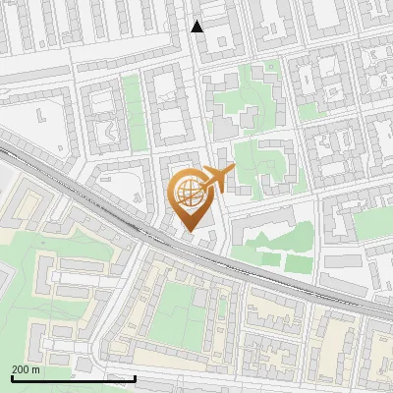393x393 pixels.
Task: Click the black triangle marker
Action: [x=197, y=27]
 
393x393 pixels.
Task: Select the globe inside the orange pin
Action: [x=189, y=193]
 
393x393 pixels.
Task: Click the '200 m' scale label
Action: [x=26, y=368]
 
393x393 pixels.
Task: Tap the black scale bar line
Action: [x=73, y=377]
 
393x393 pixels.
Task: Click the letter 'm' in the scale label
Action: [x=36, y=368]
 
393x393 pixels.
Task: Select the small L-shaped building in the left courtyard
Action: [x=40, y=115]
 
